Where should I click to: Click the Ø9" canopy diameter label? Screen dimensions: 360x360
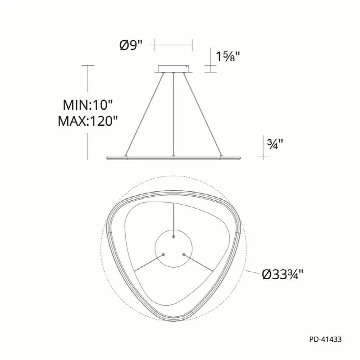[x=131, y=45]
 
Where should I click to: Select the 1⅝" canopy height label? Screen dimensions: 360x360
[x=228, y=56]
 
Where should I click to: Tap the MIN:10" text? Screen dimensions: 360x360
[x=87, y=105]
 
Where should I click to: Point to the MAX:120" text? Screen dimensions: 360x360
[x=87, y=121]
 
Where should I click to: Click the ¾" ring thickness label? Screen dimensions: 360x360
[x=275, y=144]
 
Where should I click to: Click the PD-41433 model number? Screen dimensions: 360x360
[x=325, y=339]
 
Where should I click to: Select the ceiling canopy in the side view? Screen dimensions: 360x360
[x=173, y=69]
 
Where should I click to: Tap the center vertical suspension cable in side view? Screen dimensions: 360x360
[x=173, y=114]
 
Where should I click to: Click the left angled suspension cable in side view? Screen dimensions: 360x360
[x=145, y=114]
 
